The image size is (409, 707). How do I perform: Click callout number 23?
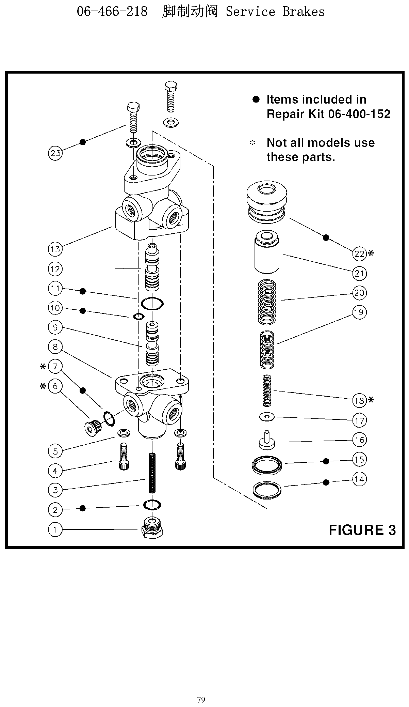55,153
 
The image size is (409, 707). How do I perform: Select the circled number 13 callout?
55,249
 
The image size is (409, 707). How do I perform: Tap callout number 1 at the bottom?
55,529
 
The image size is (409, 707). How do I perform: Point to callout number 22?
359,254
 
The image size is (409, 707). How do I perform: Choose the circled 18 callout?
359,401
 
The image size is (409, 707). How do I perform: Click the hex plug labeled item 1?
152,527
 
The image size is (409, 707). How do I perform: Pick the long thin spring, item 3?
152,473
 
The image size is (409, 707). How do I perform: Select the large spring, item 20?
267,302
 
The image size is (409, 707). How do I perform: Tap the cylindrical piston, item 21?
267,252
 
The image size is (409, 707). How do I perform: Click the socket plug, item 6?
92,427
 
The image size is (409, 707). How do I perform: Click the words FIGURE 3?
362,530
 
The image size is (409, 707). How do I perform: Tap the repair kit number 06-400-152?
359,114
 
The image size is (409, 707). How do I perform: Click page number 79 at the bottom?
201,700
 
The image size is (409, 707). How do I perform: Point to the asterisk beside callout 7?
43,367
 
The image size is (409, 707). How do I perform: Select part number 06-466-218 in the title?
112,12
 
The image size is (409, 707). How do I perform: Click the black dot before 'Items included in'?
256,99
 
